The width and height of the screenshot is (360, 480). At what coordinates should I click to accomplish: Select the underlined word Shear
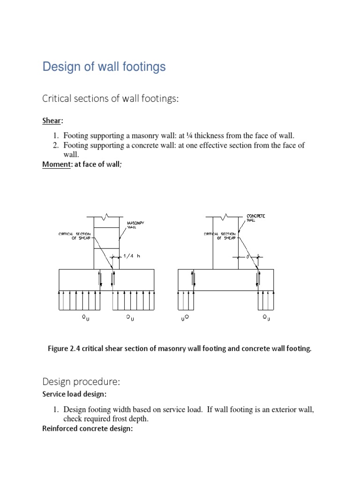(x=52, y=121)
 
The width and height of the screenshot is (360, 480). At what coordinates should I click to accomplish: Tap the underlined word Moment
(x=55, y=164)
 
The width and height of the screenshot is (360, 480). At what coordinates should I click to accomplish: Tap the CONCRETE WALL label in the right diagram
(x=256, y=218)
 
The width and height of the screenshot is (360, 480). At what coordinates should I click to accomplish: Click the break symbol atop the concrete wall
(x=225, y=217)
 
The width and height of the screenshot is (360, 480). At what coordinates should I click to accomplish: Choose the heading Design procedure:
(x=78, y=381)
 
